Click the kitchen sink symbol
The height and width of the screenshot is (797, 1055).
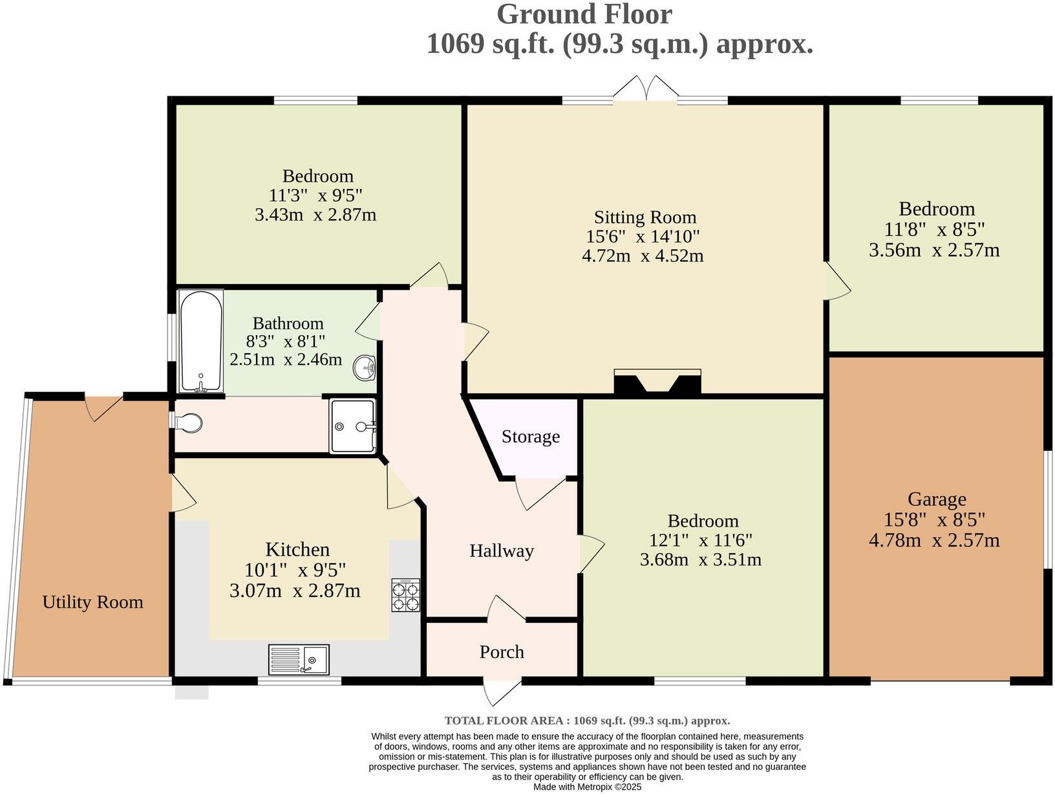[299, 659]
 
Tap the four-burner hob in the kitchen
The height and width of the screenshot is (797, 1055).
[405, 595]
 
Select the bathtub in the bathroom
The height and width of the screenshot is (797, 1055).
[201, 341]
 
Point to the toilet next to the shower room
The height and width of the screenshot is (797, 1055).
[189, 424]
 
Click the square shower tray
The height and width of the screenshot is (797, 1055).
[352, 426]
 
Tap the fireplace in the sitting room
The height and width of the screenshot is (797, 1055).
[657, 382]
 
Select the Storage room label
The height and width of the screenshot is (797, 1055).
[531, 437]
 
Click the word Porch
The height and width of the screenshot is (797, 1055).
[502, 652]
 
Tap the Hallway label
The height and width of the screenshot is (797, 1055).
[502, 551]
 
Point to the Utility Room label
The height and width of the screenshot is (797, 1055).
[92, 602]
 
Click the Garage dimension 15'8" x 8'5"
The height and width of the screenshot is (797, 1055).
[934, 519]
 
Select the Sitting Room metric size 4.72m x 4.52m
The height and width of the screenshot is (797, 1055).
[643, 256]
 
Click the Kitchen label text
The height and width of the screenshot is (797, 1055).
[297, 550]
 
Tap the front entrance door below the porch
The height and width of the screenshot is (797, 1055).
[502, 692]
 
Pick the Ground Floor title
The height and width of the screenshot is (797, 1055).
[584, 14]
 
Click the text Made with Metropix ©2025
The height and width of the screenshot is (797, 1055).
[587, 787]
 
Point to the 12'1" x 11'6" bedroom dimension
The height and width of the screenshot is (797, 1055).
[701, 540]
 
